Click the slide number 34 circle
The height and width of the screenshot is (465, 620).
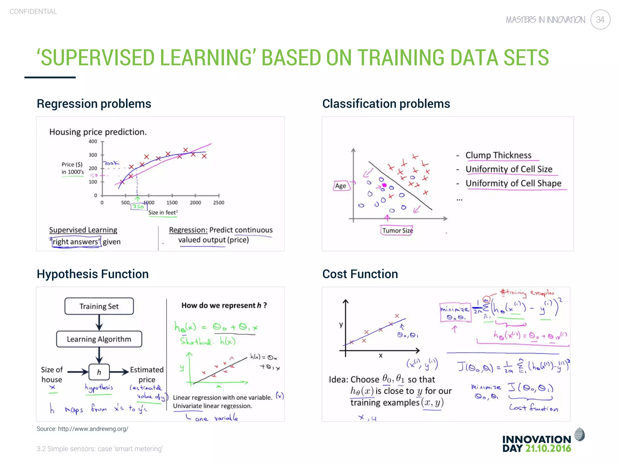point(600,20)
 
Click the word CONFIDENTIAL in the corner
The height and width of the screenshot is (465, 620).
point(33,12)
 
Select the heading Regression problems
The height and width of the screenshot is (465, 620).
point(94,104)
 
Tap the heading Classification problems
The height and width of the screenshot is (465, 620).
point(386,104)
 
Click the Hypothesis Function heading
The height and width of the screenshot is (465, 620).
point(93,274)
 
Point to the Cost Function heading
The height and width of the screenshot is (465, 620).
point(360,274)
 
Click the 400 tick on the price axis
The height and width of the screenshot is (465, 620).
point(93,141)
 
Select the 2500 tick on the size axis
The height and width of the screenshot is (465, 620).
point(219,203)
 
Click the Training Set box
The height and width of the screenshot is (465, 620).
point(99,306)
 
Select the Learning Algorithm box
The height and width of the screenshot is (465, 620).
point(99,339)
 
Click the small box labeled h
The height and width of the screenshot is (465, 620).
point(99,372)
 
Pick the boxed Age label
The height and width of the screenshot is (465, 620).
point(341,186)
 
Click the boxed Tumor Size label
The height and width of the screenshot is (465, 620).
point(397,231)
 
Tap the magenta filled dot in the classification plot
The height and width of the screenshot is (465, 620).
point(384,185)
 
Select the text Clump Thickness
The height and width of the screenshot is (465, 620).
point(498,155)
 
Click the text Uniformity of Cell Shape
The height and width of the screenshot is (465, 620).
point(513,183)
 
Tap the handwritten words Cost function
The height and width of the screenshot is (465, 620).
point(533,408)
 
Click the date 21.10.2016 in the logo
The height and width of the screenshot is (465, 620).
point(548,449)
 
